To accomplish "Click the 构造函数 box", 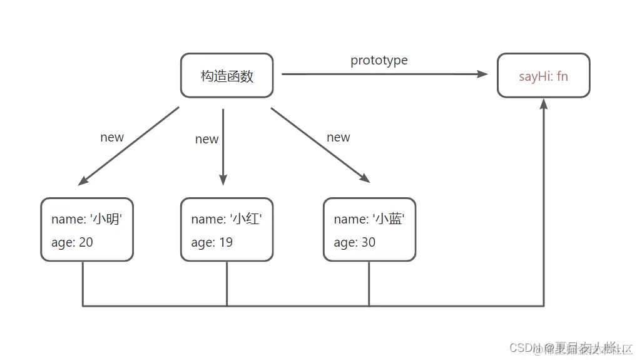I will pos(227,76).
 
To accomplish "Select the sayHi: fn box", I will pos(543,76).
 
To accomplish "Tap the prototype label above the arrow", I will pos(379,61).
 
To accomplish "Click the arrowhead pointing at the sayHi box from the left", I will pos(482,74).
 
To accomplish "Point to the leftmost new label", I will pos(112,137).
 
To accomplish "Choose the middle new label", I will pos(206,139).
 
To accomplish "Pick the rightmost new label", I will pos(339,137).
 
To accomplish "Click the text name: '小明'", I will pos(91,219).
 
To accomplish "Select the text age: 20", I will pos(72,242).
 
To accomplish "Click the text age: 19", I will pos(211,242).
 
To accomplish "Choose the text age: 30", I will pos(354,242).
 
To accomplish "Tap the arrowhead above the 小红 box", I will pos(223,180).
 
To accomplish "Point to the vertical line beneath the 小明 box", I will pos(83,284).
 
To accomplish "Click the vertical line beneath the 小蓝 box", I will pos(369,284).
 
